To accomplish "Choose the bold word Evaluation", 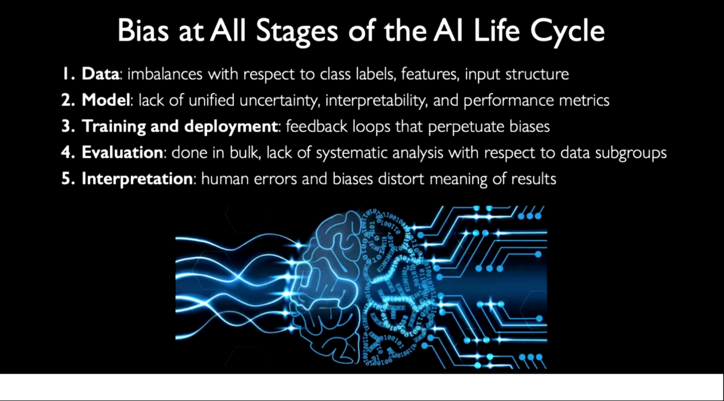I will (122, 153).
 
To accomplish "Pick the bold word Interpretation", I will (136, 179).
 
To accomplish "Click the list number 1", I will (68, 74).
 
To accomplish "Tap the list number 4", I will (68, 153).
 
